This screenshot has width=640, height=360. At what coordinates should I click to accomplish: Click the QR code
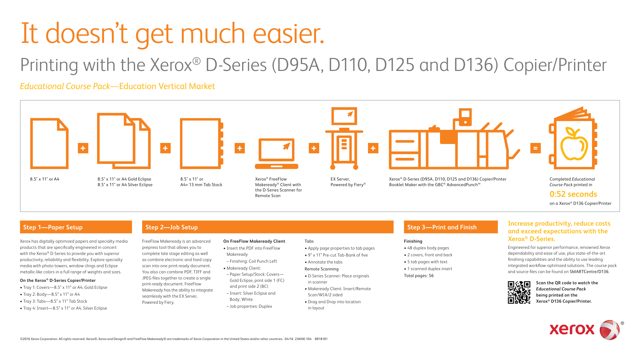click(519, 292)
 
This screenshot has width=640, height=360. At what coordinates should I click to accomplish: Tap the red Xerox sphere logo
click(610, 330)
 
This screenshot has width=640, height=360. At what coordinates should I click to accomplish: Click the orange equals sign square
click(535, 148)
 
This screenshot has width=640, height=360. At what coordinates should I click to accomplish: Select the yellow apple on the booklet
click(574, 144)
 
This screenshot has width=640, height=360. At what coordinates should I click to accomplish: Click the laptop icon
click(277, 154)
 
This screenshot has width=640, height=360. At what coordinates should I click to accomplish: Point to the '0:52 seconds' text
click(573, 194)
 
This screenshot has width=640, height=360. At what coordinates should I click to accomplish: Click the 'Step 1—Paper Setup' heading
click(53, 227)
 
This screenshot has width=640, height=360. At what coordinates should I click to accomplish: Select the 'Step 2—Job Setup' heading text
click(171, 227)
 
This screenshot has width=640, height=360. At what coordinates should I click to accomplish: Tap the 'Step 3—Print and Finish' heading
click(442, 227)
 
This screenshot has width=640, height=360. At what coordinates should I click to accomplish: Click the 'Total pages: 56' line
click(419, 276)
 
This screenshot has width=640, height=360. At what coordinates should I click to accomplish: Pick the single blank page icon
click(49, 143)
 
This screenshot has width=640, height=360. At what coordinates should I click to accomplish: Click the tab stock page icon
click(202, 143)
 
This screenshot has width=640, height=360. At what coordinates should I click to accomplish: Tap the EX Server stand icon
click(344, 138)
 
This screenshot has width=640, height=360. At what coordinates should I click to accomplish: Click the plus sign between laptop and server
click(314, 148)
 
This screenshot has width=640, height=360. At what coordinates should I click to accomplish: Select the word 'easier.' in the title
click(289, 33)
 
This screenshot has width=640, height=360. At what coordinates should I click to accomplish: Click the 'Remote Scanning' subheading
click(322, 269)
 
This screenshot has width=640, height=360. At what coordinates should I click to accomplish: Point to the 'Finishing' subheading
click(413, 241)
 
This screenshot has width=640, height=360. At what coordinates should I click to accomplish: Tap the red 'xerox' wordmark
click(572, 329)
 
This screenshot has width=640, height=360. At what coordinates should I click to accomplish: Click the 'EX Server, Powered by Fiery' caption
click(348, 182)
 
